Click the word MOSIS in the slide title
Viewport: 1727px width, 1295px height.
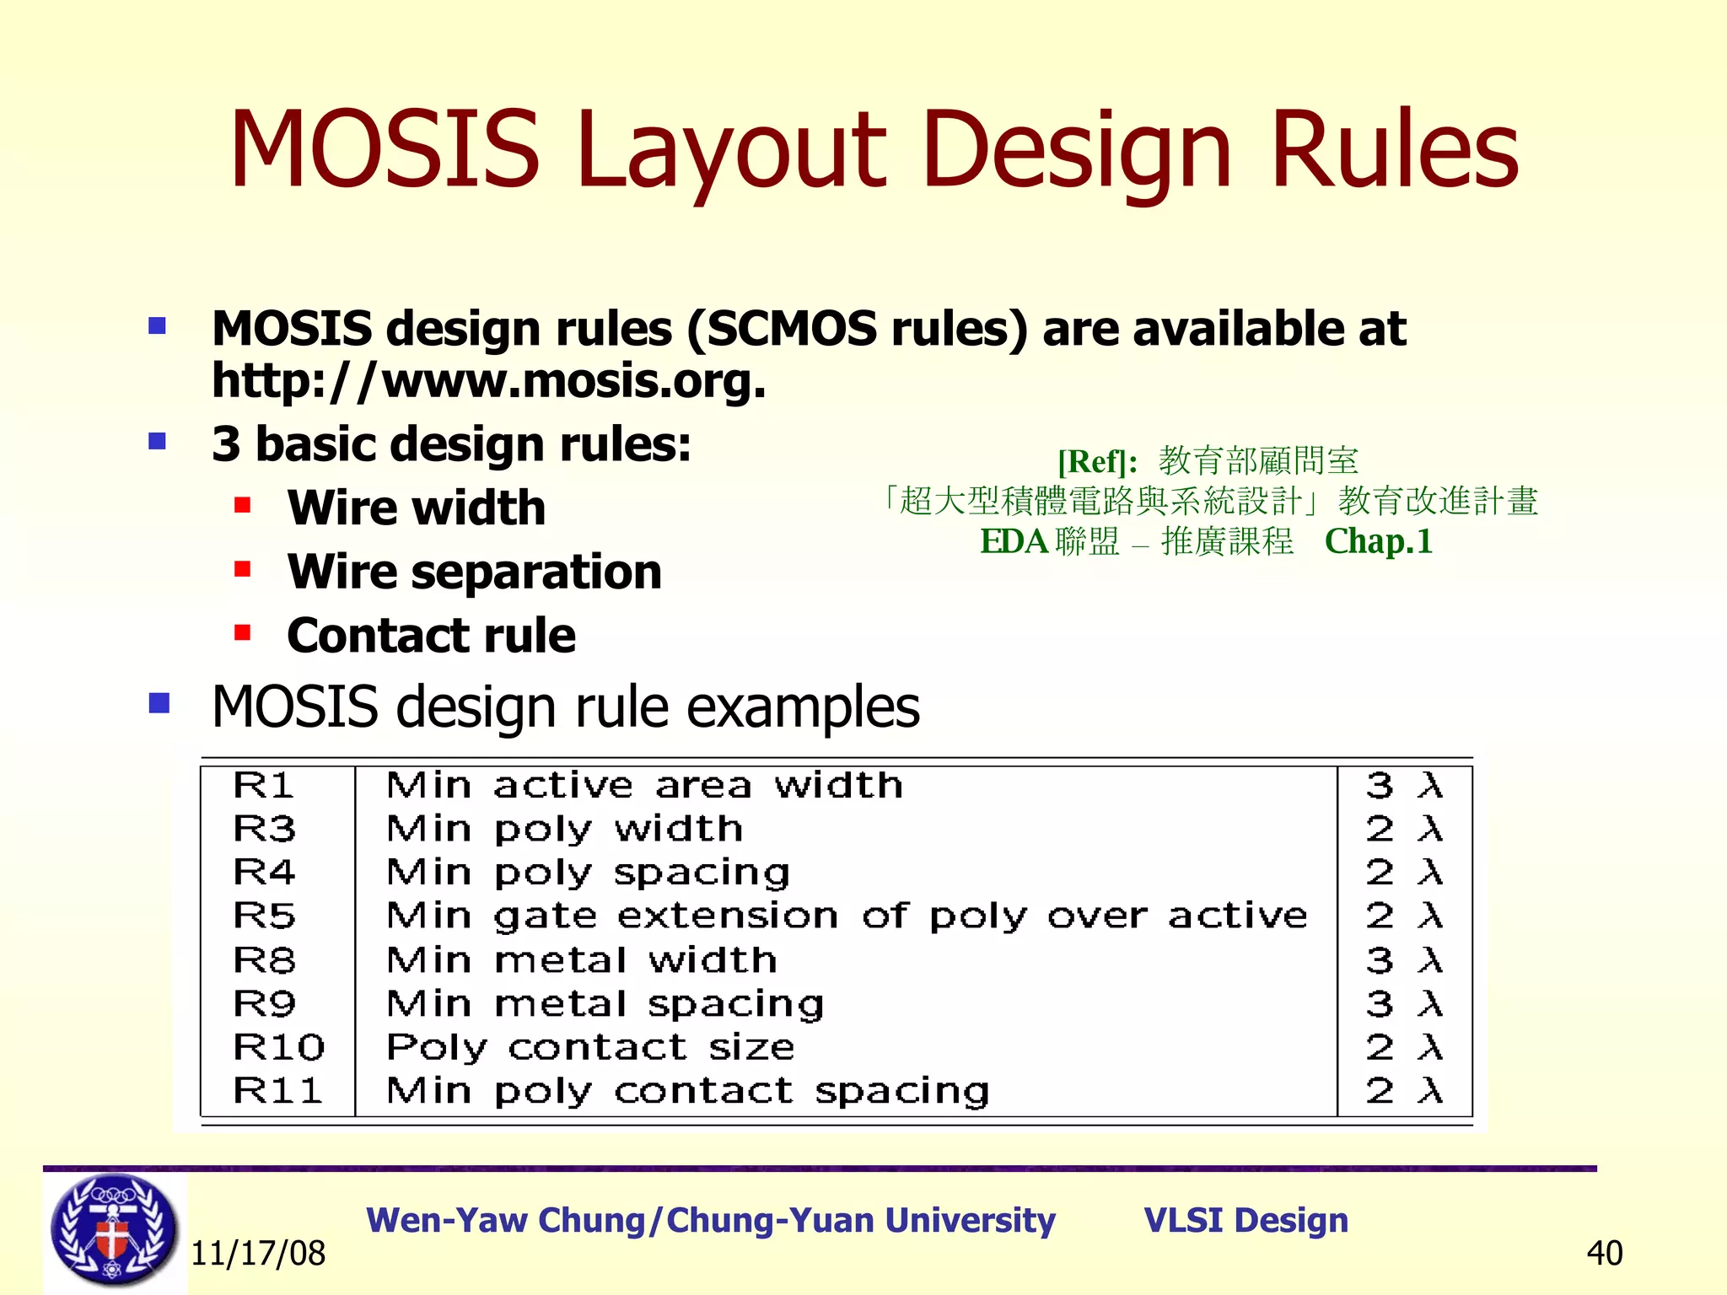[x=384, y=149]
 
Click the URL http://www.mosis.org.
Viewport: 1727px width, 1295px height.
[x=488, y=381]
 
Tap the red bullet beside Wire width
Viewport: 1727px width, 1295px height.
[x=243, y=505]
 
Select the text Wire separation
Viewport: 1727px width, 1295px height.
[x=474, y=572]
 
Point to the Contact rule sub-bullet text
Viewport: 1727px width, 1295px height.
[x=431, y=635]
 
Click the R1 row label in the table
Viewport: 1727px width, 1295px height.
[x=263, y=786]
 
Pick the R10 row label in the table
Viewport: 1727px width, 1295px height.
[x=278, y=1047]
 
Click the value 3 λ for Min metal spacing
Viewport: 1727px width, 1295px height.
[x=1403, y=1004]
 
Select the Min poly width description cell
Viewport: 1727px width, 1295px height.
[x=564, y=829]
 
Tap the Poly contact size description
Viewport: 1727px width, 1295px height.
[x=590, y=1047]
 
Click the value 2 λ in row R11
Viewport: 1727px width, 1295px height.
[x=1403, y=1091]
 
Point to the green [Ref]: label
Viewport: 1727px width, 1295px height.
[x=1097, y=461]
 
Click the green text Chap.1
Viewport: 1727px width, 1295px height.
[x=1378, y=541]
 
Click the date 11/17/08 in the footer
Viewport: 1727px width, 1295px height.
[x=258, y=1254]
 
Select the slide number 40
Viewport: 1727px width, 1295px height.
[x=1604, y=1254]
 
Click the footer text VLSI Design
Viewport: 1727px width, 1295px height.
[x=1245, y=1220]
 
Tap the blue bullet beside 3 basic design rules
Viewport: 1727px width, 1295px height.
[x=157, y=441]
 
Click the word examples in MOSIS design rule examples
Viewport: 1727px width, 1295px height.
[x=802, y=707]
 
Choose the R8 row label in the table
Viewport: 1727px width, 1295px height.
[x=263, y=960]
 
